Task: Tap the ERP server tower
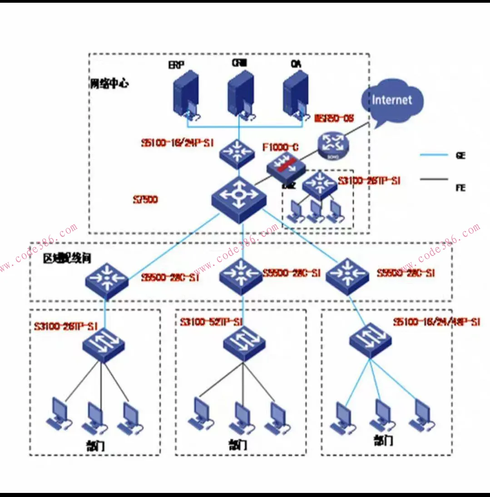point(186,95)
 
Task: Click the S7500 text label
point(146,199)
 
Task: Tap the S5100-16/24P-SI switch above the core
point(236,153)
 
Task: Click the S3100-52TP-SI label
point(211,322)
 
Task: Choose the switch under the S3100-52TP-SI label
point(244,343)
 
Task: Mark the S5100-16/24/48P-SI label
point(436,322)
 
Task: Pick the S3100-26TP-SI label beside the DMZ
point(369,181)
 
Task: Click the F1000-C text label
point(281,147)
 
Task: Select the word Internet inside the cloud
point(391,100)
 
